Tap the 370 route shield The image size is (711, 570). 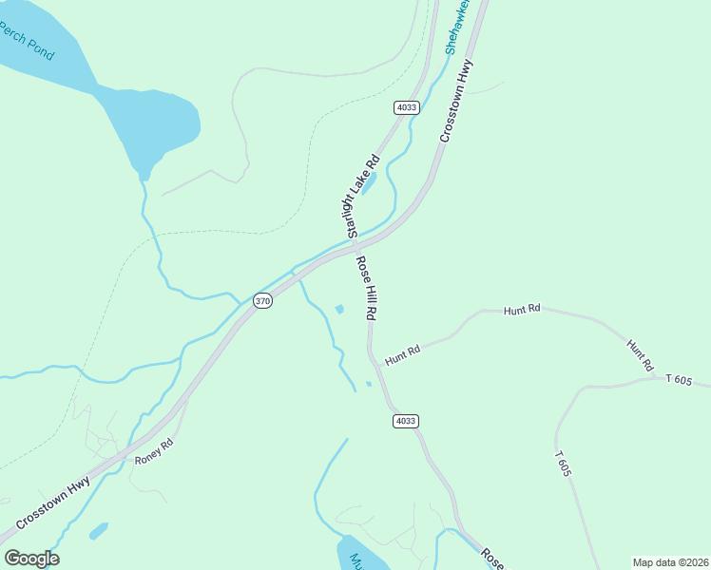click(x=263, y=301)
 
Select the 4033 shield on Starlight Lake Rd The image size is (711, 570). click(x=407, y=107)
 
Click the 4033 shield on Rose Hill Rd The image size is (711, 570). click(x=406, y=421)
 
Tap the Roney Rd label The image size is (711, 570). click(x=155, y=450)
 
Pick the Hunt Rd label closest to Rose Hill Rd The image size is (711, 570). click(x=403, y=355)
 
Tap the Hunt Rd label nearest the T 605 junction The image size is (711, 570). click(x=641, y=354)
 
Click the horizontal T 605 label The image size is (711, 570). click(x=679, y=379)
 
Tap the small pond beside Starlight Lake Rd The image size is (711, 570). click(x=370, y=182)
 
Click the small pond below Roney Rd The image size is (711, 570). click(x=99, y=530)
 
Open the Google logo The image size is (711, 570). click(x=31, y=559)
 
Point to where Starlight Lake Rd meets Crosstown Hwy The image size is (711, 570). click(x=353, y=249)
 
